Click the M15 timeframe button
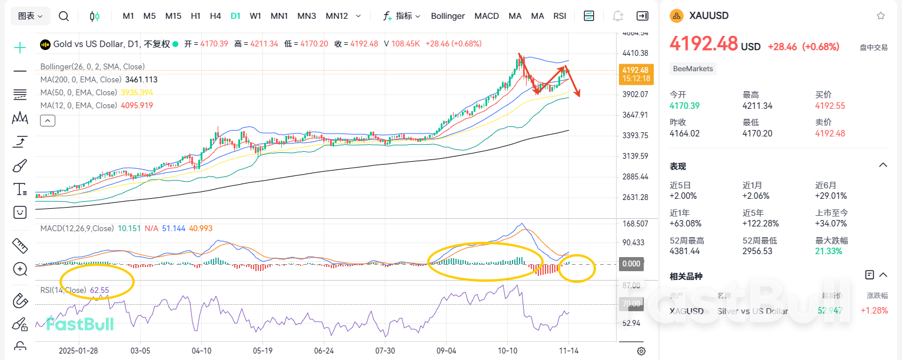(173, 16)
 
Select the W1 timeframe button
(255, 16)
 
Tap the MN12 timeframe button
(337, 16)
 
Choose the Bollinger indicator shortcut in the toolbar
(448, 16)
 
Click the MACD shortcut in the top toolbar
(487, 16)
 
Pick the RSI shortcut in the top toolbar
(560, 16)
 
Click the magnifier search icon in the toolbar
(64, 16)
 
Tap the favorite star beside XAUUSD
(880, 16)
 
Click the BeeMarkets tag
(693, 69)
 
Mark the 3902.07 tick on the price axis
(635, 94)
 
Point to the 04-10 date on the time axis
(202, 350)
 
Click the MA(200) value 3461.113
(141, 79)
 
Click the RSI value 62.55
(99, 290)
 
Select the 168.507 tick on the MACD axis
(635, 224)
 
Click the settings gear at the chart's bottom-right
(641, 351)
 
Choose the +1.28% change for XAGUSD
(874, 311)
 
